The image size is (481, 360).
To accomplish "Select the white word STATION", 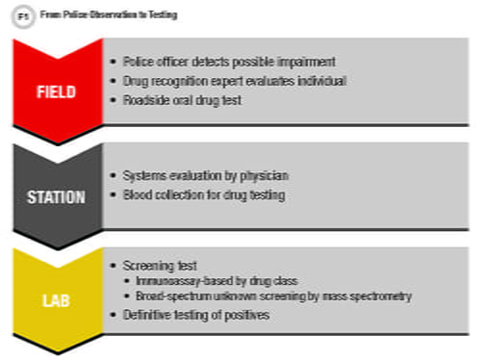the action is click(x=56, y=198).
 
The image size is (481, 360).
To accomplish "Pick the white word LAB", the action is click(x=56, y=301).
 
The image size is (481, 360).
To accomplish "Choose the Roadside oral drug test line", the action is click(x=180, y=100).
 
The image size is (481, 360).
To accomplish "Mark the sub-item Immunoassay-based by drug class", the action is click(x=214, y=280).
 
